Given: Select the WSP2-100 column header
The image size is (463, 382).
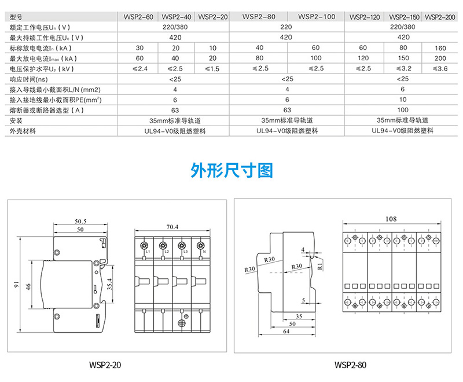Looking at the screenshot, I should click(x=317, y=17).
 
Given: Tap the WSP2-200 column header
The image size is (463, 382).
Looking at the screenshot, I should click(x=440, y=17).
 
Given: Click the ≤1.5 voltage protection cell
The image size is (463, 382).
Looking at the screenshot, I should click(x=212, y=69).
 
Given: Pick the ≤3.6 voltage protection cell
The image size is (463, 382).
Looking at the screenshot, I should click(x=440, y=69).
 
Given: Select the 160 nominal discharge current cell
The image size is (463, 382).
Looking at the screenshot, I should click(x=440, y=48).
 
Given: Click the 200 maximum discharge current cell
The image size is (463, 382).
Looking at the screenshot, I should click(x=440, y=58).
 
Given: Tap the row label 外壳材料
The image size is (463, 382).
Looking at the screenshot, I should click(x=23, y=131).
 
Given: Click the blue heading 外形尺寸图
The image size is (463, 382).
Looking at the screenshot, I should click(x=231, y=171).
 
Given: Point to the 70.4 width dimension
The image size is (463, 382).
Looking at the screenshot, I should click(x=172, y=227).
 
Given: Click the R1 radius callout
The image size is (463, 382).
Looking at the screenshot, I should click(x=319, y=264).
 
